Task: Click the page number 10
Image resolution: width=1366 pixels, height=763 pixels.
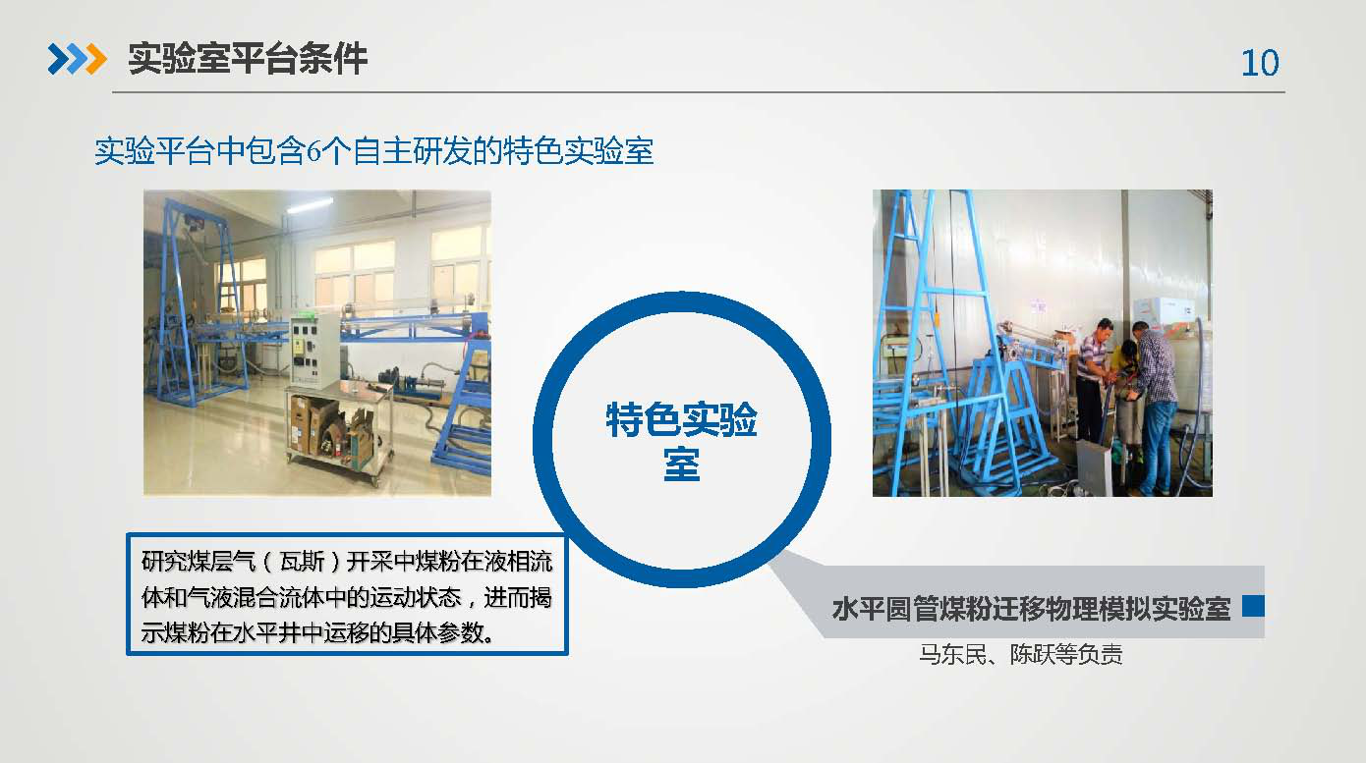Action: [x=1260, y=63]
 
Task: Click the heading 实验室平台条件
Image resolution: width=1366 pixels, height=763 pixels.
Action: [x=248, y=59]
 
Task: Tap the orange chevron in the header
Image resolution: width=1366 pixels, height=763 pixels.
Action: [x=96, y=59]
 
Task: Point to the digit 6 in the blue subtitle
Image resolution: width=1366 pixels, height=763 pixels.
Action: [x=313, y=151]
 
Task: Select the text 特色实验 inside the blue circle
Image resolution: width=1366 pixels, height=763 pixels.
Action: [x=681, y=419]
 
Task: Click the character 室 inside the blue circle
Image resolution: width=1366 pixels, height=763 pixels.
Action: [x=681, y=464]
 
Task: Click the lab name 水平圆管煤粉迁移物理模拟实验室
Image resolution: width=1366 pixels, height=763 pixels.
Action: [x=1031, y=609]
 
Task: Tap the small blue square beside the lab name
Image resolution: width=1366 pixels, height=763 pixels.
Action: [x=1253, y=606]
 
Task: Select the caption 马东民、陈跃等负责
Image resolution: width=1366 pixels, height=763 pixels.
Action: [x=1021, y=655]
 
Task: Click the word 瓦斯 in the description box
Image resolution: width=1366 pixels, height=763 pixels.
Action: [x=302, y=562]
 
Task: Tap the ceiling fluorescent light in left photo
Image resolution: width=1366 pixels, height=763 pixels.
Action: [x=310, y=205]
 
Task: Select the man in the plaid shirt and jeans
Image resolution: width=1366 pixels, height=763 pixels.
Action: [x=1155, y=408]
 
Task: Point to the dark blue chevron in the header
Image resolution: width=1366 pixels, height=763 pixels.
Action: [x=59, y=59]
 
